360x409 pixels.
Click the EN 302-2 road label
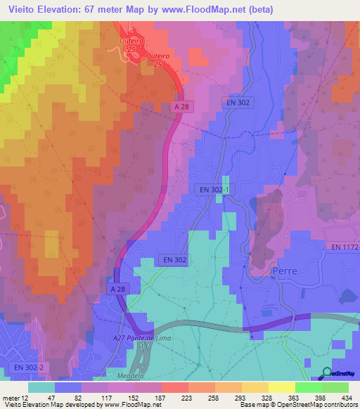[x=27, y=368]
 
